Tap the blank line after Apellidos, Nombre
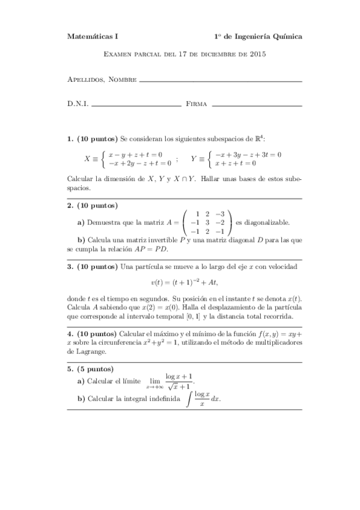(x=220, y=81)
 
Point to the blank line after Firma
(x=257, y=105)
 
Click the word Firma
(x=197, y=104)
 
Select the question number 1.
(x=70, y=139)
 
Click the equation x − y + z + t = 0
(x=135, y=155)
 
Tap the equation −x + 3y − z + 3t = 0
(x=249, y=155)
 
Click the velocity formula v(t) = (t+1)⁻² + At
(x=184, y=283)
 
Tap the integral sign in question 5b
(x=190, y=398)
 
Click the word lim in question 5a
(x=151, y=380)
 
